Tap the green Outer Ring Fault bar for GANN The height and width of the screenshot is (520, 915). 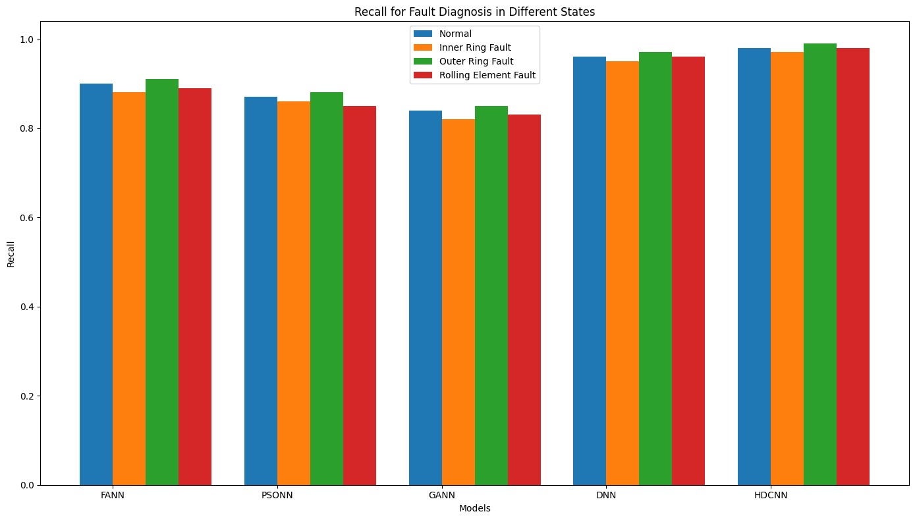491,296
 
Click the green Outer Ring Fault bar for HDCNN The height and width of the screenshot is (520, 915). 820,264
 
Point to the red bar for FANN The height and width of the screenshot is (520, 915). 195,286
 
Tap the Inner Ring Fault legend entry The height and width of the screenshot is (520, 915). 474,47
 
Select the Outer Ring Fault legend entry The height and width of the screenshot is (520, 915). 475,62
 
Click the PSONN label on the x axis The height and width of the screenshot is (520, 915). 277,495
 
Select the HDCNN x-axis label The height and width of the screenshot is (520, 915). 771,495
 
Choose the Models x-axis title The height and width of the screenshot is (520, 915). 474,509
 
